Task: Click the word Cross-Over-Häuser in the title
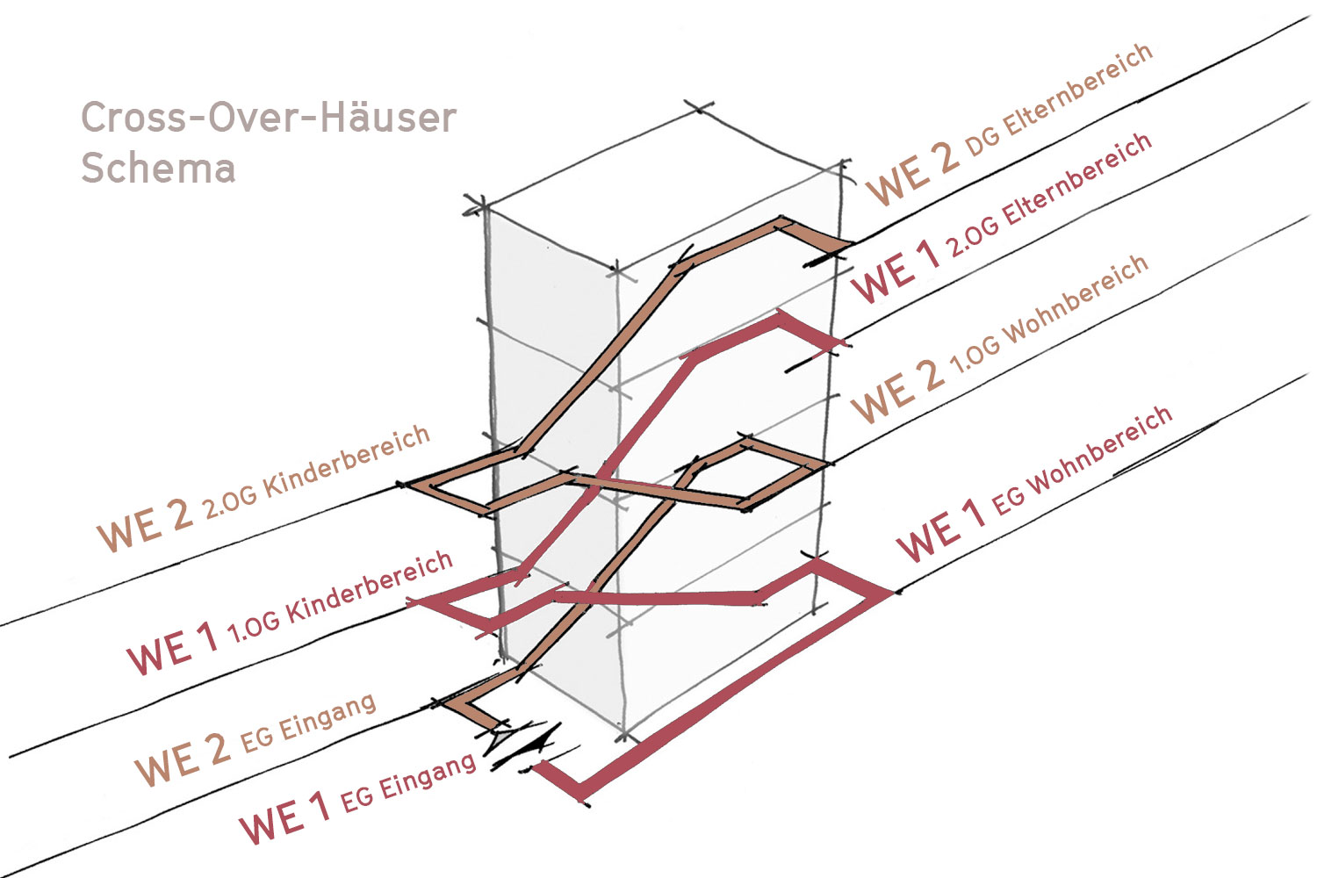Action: pos(269,118)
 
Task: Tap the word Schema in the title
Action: pos(158,168)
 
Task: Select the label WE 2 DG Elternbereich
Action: pos(1009,123)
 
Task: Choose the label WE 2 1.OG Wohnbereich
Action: pos(1000,338)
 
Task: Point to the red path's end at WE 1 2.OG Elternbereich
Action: pos(834,343)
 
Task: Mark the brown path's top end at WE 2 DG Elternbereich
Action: pos(834,242)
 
